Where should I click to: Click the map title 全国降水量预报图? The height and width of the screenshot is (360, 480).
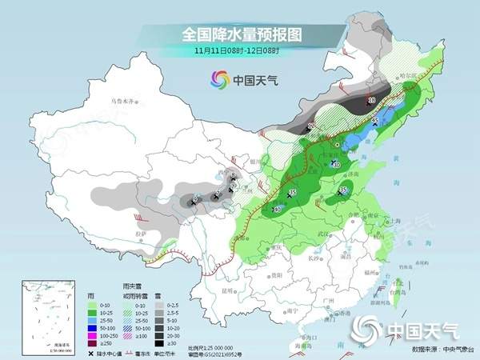[239, 34]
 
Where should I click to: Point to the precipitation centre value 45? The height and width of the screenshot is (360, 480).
[374, 120]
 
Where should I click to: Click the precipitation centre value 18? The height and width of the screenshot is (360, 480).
[370, 100]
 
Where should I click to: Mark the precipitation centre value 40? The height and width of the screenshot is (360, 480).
[337, 165]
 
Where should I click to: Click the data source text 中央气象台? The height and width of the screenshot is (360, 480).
[452, 350]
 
